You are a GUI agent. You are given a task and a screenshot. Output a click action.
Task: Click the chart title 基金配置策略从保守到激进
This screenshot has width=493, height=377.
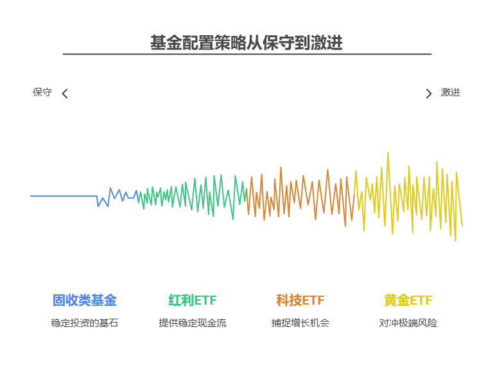tap(246, 43)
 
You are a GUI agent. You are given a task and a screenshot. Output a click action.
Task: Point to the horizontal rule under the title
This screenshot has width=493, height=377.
tap(246, 54)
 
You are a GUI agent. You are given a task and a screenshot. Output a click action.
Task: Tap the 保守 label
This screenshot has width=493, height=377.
tap(42, 92)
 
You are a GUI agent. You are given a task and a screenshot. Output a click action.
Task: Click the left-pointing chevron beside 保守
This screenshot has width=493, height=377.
tap(64, 94)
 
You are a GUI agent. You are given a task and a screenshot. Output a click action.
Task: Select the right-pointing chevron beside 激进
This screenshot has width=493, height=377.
tap(429, 94)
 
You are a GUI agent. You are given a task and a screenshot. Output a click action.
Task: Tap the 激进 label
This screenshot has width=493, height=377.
tap(451, 92)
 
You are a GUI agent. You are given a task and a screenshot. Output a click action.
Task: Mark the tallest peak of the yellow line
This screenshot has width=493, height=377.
tap(388, 154)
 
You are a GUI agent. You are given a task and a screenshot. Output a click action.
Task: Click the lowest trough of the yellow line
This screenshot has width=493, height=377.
tap(455, 240)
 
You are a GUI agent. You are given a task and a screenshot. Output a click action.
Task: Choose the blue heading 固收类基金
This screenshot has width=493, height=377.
tap(85, 300)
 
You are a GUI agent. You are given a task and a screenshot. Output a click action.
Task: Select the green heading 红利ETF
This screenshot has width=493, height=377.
tap(193, 300)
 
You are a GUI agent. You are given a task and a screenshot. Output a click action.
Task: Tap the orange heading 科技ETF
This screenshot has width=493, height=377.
tap(300, 300)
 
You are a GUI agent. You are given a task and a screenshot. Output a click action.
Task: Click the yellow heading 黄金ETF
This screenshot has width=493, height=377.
tap(408, 300)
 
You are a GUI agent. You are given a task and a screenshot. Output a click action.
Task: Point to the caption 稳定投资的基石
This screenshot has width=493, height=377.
tap(85, 323)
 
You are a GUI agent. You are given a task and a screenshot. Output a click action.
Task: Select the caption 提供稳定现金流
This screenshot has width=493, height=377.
tap(193, 323)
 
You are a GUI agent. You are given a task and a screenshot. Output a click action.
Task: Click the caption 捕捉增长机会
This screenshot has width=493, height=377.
tap(300, 323)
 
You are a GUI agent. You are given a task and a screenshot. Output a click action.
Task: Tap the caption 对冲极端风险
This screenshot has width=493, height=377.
tap(408, 323)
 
